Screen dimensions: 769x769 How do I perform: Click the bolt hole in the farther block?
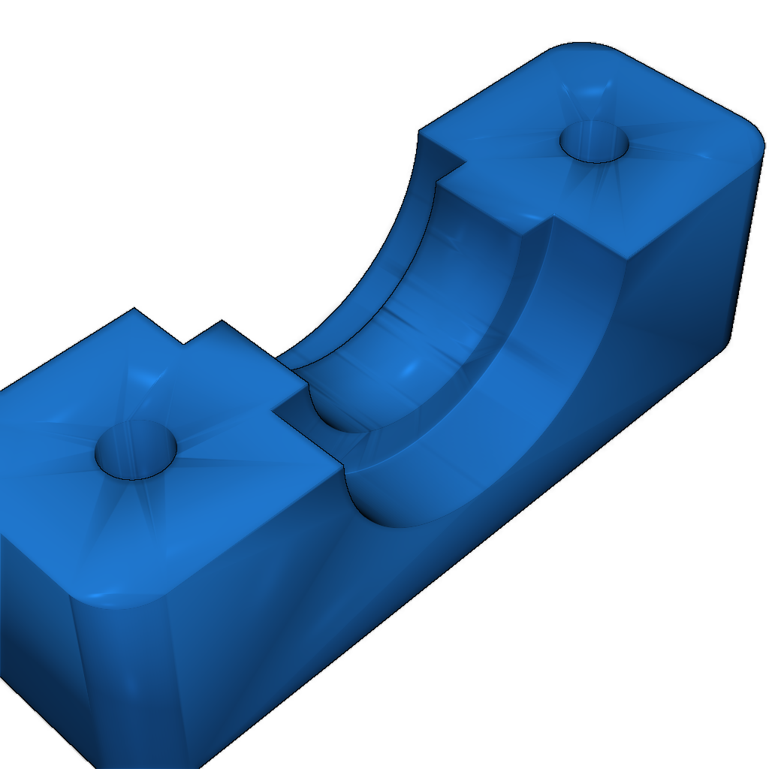click(x=593, y=142)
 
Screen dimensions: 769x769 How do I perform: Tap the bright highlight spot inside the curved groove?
click(x=410, y=368)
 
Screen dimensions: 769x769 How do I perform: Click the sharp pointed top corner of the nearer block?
click(x=134, y=309)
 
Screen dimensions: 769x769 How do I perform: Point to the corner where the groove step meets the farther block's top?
click(x=552, y=218)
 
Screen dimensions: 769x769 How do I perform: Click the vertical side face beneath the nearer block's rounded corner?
click(x=128, y=676)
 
